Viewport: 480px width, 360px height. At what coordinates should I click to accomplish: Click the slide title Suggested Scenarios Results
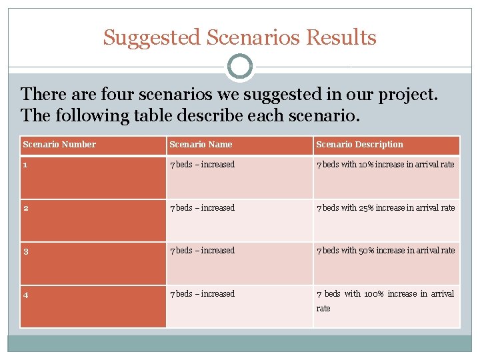pos(239,37)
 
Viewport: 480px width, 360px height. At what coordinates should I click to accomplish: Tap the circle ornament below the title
pos(240,67)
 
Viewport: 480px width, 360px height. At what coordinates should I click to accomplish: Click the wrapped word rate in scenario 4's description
pos(323,309)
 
